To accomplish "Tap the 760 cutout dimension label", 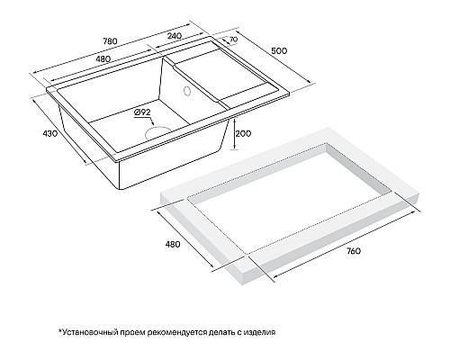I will (x=353, y=250).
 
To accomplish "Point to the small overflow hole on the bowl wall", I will (x=187, y=90).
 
